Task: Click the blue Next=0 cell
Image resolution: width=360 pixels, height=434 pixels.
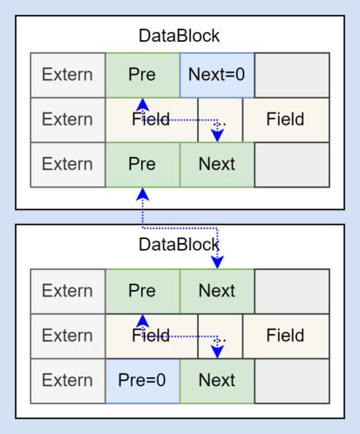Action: pyautogui.click(x=217, y=74)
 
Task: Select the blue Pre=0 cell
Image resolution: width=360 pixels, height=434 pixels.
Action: pyautogui.click(x=142, y=379)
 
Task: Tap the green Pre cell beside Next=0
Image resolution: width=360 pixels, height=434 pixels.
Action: pyautogui.click(x=142, y=74)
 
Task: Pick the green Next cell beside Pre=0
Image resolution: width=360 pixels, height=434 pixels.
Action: pyautogui.click(x=217, y=379)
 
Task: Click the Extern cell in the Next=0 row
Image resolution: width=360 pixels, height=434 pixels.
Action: pyautogui.click(x=67, y=74)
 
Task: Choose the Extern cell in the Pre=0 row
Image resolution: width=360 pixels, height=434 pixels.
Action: pyautogui.click(x=67, y=379)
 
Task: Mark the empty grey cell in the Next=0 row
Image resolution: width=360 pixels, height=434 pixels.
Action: pyautogui.click(x=292, y=74)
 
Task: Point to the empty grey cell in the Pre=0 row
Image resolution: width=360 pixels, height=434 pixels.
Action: pyautogui.click(x=292, y=379)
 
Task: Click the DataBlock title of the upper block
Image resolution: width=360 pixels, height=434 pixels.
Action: pyautogui.click(x=180, y=37)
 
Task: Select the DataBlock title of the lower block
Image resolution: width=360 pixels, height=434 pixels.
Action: pyautogui.click(x=180, y=245)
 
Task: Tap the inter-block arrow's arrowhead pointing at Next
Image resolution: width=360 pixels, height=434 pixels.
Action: pyautogui.click(x=217, y=262)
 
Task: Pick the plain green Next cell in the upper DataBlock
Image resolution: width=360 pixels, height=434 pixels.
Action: pyautogui.click(x=217, y=163)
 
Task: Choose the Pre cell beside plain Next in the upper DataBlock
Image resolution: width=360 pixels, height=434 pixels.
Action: pyautogui.click(x=142, y=163)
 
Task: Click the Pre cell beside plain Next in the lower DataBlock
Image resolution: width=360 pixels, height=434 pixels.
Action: pyautogui.click(x=142, y=290)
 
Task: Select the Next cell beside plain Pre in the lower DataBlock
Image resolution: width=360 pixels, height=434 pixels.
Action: pyautogui.click(x=217, y=290)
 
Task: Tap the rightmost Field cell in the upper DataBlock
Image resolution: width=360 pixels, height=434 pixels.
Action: pyautogui.click(x=286, y=119)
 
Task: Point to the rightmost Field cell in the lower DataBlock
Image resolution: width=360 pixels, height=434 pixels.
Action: pyautogui.click(x=286, y=335)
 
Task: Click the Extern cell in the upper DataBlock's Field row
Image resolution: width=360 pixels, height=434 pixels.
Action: pyautogui.click(x=67, y=119)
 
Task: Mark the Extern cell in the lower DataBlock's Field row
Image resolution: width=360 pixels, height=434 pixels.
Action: pyautogui.click(x=67, y=335)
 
